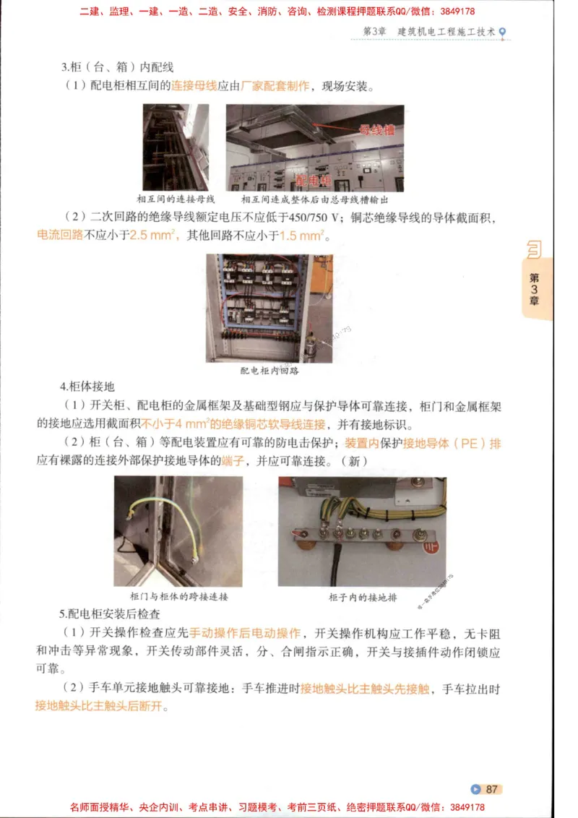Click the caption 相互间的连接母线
(176, 199)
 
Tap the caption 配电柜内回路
(269, 371)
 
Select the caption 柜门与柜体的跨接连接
(178, 597)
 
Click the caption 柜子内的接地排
(363, 598)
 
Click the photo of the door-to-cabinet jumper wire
(178, 531)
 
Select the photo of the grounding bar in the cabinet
(362, 531)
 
